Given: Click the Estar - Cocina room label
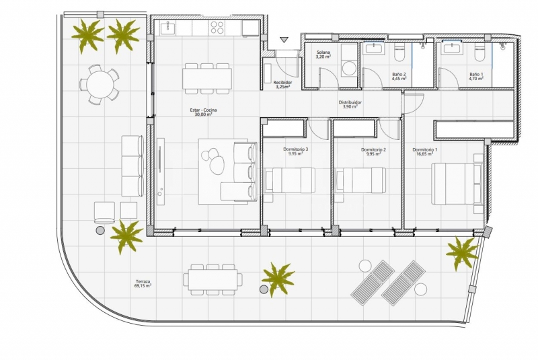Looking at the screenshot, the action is tap(203, 110).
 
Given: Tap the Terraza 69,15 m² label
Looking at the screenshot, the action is tap(144, 283).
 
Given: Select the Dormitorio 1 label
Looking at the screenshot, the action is tap(425, 149).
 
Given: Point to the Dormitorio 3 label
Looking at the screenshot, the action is tap(295, 149).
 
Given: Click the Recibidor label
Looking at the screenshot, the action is tap(282, 82).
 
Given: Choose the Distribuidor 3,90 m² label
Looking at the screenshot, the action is tap(350, 104).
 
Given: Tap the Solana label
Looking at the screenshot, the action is tap(323, 52).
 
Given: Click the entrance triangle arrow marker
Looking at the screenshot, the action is tap(284, 40).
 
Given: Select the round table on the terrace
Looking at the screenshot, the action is tap(99, 84).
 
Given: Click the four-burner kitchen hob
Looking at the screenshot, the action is tap(217, 28).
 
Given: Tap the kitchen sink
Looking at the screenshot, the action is tap(167, 28).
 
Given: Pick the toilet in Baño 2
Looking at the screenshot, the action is tap(399, 52).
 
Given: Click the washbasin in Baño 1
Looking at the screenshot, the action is tap(450, 48).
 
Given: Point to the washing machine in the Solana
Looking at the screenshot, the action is tap(349, 67).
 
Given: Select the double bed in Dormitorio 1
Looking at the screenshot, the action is tap(457, 184).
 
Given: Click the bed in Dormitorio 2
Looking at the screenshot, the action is tap(360, 180).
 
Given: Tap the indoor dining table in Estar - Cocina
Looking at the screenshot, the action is tap(207, 79).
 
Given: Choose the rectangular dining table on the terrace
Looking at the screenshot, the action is tap(213, 279).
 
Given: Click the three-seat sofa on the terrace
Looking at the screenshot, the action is tap(132, 166).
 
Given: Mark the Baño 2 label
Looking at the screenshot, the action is tap(399, 76).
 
